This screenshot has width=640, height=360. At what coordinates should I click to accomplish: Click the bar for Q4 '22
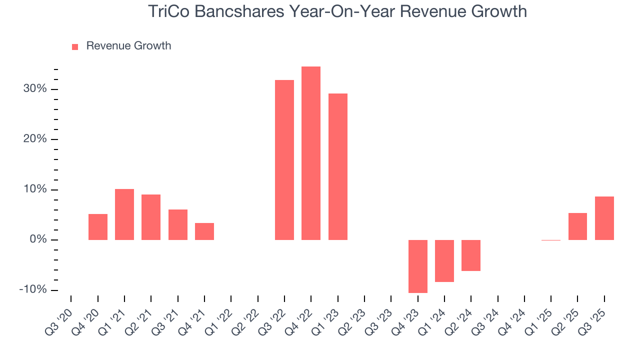click(x=311, y=153)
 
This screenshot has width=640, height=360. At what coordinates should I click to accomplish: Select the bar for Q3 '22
click(x=284, y=160)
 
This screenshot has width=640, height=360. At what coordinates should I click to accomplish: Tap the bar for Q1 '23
click(x=338, y=166)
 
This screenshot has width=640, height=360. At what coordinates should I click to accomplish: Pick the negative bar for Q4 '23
click(x=418, y=266)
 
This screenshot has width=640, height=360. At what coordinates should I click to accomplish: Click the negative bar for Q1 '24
click(x=444, y=260)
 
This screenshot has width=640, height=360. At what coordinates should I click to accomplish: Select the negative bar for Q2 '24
click(x=471, y=255)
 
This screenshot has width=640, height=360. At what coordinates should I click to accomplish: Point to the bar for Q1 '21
click(x=124, y=214)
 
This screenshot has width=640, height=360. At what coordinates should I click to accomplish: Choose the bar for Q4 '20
click(x=98, y=226)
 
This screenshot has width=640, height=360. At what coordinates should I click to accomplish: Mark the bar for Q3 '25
click(x=604, y=218)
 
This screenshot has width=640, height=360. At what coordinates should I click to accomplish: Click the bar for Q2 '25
click(x=577, y=226)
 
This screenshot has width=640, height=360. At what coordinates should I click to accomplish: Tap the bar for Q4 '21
click(x=204, y=231)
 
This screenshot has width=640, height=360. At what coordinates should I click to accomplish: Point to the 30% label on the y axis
click(x=35, y=89)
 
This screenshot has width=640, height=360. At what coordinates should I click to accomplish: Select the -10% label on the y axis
click(x=33, y=290)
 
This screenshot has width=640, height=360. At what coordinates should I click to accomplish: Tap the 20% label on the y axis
click(x=35, y=139)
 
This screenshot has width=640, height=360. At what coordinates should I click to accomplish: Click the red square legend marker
click(x=75, y=46)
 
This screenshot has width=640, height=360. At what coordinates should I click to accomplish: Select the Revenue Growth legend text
click(x=128, y=46)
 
